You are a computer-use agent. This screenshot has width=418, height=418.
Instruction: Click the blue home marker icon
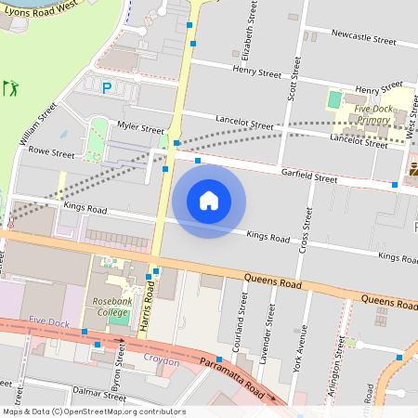(x=209, y=201)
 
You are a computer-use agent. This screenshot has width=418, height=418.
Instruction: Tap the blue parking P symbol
(x=107, y=87)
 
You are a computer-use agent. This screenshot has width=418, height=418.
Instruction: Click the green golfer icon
(x=11, y=88)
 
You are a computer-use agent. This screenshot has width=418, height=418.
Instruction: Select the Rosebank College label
(x=111, y=307)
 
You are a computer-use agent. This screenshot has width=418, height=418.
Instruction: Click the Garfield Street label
(x=312, y=176)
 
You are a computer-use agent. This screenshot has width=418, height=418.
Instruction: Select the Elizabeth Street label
(x=247, y=25)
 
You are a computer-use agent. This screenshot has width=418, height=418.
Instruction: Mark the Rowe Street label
(x=51, y=151)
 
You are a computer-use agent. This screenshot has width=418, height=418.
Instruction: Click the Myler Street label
(x=140, y=129)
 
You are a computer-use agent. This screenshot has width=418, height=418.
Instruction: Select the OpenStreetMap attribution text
(x=93, y=411)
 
